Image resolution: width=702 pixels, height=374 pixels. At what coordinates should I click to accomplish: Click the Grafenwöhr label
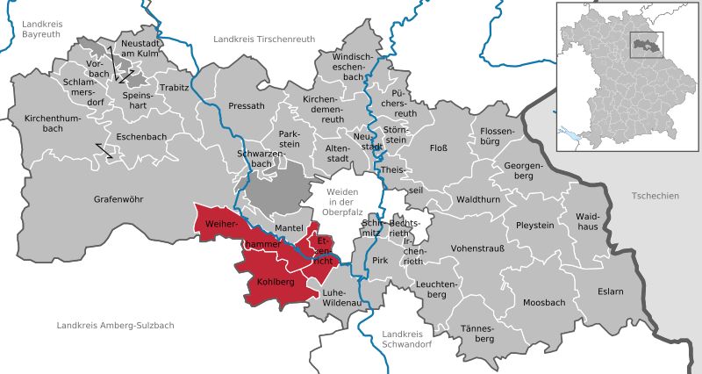[118, 199]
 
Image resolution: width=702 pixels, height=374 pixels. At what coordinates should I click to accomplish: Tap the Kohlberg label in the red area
[276, 282]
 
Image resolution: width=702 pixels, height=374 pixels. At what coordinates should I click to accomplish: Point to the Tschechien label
[654, 196]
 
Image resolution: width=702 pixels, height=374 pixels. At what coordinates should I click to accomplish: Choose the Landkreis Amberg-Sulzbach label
[115, 326]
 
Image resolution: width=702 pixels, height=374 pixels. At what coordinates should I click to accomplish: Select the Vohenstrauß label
[477, 248]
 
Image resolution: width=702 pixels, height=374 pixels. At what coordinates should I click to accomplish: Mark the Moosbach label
[544, 302]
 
